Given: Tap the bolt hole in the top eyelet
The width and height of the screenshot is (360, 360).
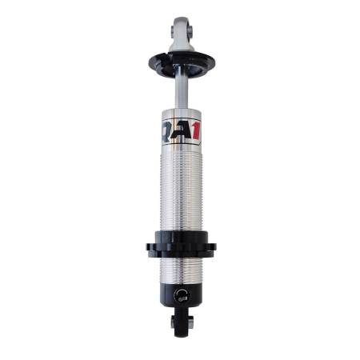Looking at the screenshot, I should tap(178, 33).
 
